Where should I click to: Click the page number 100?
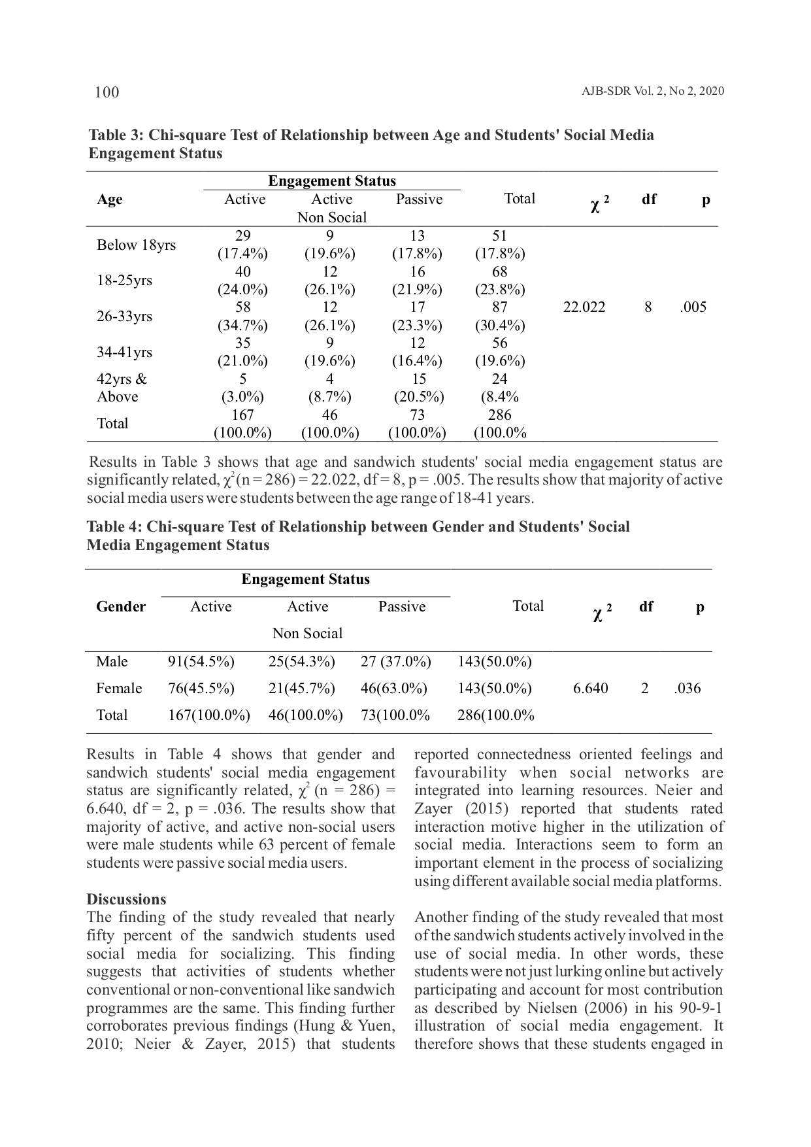pyautogui.click(x=107, y=92)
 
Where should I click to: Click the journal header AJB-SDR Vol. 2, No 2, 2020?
pyautogui.click(x=652, y=92)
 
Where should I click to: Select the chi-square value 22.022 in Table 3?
pyautogui.click(x=584, y=307)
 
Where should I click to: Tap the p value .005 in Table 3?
pyautogui.click(x=693, y=307)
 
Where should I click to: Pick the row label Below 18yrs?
pyautogui.click(x=136, y=245)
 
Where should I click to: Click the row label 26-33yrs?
pyautogui.click(x=124, y=317)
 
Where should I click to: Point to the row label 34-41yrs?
pyautogui.click(x=124, y=352)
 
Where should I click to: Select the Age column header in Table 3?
pyautogui.click(x=110, y=199)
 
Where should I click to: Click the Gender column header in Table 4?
pyautogui.click(x=121, y=607)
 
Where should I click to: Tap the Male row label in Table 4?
pyautogui.click(x=112, y=662)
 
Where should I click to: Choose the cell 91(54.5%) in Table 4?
pyautogui.click(x=201, y=662)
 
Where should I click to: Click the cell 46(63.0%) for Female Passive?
pyautogui.click(x=394, y=689)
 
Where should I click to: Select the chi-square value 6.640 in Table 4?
pyautogui.click(x=590, y=689)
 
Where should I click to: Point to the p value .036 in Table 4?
pyautogui.click(x=687, y=689)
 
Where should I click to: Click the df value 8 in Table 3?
pyautogui.click(x=648, y=307)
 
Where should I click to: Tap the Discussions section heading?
pyautogui.click(x=126, y=899)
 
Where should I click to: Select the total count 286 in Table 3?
pyautogui.click(x=500, y=415)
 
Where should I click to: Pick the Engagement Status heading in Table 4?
pyautogui.click(x=305, y=579)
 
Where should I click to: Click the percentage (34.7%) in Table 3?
pyautogui.click(x=242, y=326)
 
